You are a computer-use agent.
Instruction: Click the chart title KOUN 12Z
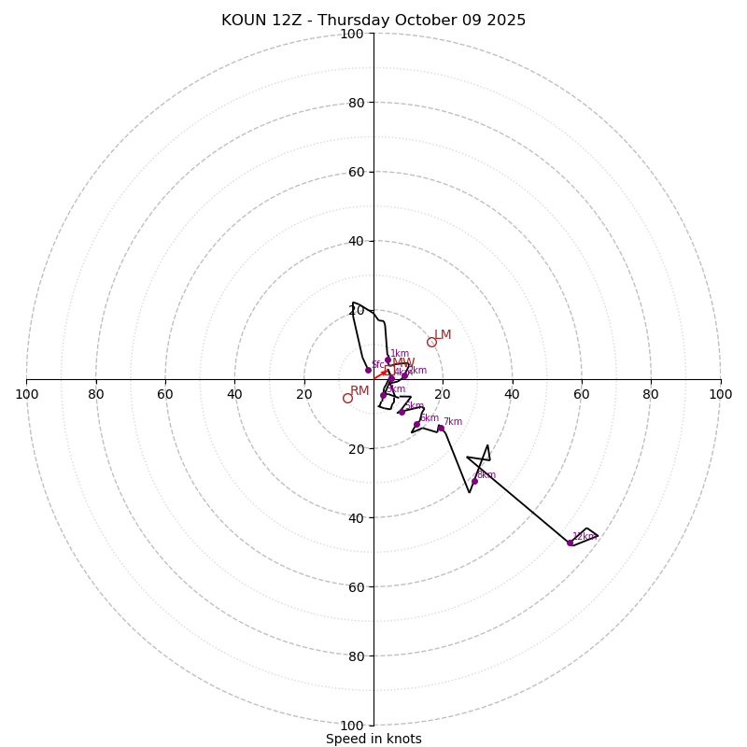coord(373,21)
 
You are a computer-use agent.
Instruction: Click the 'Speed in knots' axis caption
coord(373,739)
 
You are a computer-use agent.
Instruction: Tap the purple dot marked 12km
coord(570,543)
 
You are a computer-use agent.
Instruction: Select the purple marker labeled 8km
coord(474,481)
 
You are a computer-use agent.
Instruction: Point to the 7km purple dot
coord(441,428)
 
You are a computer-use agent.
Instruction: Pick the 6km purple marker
coord(416,424)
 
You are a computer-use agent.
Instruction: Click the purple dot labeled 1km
coord(388,359)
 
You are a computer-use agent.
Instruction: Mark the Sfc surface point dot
coord(368,370)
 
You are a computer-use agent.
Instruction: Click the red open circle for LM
coord(431,342)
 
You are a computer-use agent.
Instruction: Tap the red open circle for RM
coord(347,398)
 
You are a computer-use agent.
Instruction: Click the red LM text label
coord(443,334)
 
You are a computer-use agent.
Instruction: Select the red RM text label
coord(359,390)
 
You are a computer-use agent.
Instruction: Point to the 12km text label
coord(585,537)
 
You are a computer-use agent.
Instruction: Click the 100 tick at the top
coord(352,34)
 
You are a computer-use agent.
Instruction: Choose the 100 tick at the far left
coord(26,394)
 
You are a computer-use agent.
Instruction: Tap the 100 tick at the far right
coord(720,394)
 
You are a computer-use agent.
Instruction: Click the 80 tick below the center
coord(352,655)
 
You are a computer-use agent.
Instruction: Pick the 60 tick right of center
coord(581,394)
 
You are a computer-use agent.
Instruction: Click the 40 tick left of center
coord(234,394)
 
